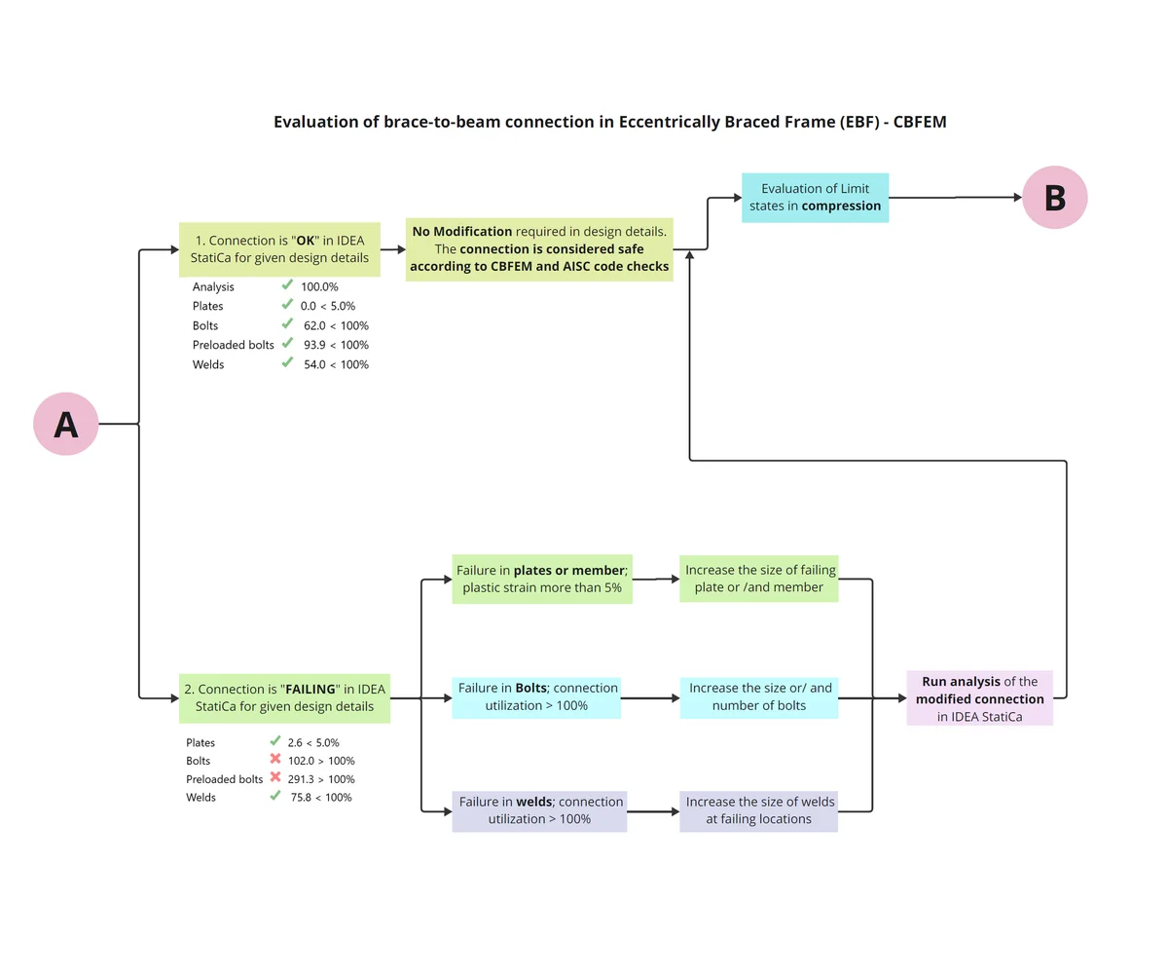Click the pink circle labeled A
pos(66,424)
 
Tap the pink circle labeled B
pos(1054,197)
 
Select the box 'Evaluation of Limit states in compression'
pos(815,197)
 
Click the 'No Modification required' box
pos(539,249)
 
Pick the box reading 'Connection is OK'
pos(279,249)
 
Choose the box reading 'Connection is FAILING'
pos(285,697)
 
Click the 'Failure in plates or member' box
pos(542,579)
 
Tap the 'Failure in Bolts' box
pos(536,697)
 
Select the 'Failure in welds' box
pos(539,810)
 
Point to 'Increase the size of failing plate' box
pos(758,579)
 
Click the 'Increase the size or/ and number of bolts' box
pos(759,697)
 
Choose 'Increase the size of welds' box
pos(758,810)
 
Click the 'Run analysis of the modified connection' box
pos(979,697)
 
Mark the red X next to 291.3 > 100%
pos(275,776)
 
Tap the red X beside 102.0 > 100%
pos(275,758)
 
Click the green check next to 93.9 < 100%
pos(287,342)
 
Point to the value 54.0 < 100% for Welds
pos(336,364)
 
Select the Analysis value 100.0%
pos(319,286)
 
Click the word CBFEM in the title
pos(920,122)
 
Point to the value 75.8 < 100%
pos(321,797)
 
